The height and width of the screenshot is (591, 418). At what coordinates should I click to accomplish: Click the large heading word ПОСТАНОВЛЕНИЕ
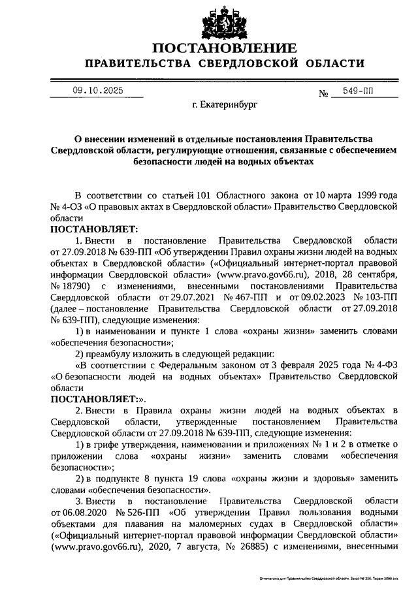[x=225, y=48]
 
